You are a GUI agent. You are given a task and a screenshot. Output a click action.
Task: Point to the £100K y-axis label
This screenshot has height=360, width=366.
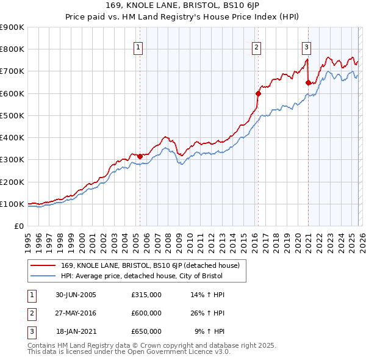[12, 204]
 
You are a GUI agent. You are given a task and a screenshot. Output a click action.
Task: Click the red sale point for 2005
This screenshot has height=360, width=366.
[140, 156]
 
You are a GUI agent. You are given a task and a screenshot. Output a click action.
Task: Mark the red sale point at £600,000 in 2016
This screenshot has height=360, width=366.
[257, 93]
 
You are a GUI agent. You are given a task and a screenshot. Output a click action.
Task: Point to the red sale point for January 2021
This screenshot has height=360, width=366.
[308, 82]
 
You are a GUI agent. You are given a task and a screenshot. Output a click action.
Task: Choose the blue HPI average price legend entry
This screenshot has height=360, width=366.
[142, 276]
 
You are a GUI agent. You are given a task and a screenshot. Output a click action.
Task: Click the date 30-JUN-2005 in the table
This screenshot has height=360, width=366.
[76, 295]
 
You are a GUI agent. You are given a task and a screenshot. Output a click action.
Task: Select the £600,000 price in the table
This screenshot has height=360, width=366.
[146, 313]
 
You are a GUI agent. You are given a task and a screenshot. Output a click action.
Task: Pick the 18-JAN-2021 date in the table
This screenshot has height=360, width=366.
[76, 331]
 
